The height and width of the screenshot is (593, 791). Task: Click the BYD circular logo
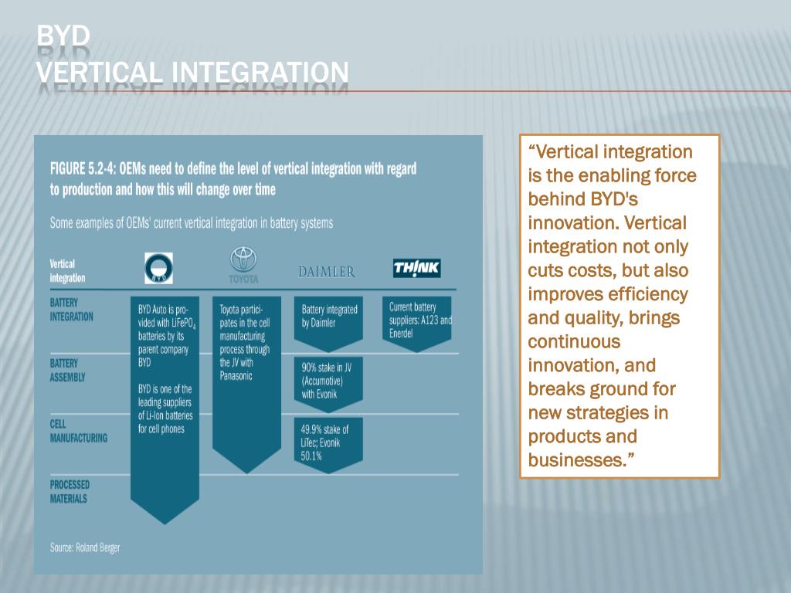pyautogui.click(x=159, y=268)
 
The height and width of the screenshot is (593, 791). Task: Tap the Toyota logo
pyautogui.click(x=243, y=265)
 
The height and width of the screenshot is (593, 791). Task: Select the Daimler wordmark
pyautogui.click(x=327, y=272)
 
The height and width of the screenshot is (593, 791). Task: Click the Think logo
pyautogui.click(x=416, y=268)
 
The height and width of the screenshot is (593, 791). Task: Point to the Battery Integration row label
pyautogui.click(x=71, y=310)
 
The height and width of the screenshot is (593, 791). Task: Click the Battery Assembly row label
pyautogui.click(x=68, y=370)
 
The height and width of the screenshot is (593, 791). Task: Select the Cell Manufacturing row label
pyautogui.click(x=78, y=431)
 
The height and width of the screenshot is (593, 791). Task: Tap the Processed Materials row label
pyautogui.click(x=70, y=491)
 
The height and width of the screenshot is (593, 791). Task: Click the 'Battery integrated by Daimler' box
pyautogui.click(x=329, y=317)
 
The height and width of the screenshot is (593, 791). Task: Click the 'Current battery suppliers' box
pyautogui.click(x=417, y=320)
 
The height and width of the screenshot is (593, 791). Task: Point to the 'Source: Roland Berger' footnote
pyautogui.click(x=85, y=547)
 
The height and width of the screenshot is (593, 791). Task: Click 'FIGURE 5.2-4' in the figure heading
pyautogui.click(x=84, y=168)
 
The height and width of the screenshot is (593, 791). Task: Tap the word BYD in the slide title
pyautogui.click(x=63, y=36)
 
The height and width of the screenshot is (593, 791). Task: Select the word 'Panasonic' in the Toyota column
pyautogui.click(x=236, y=376)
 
